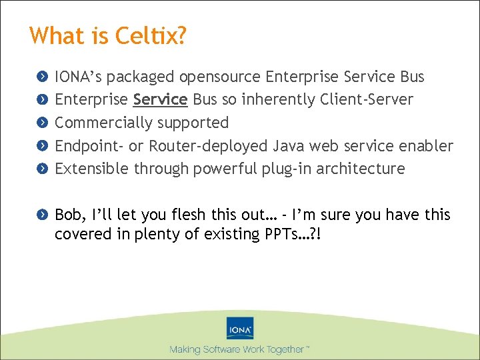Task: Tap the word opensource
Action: coord(221,77)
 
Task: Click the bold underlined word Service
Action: coord(160,100)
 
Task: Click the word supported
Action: coord(198,123)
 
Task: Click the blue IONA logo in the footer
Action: coord(239,328)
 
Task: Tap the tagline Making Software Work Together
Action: coord(239,349)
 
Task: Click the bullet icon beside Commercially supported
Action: coord(42,123)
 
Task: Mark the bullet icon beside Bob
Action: coord(42,215)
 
